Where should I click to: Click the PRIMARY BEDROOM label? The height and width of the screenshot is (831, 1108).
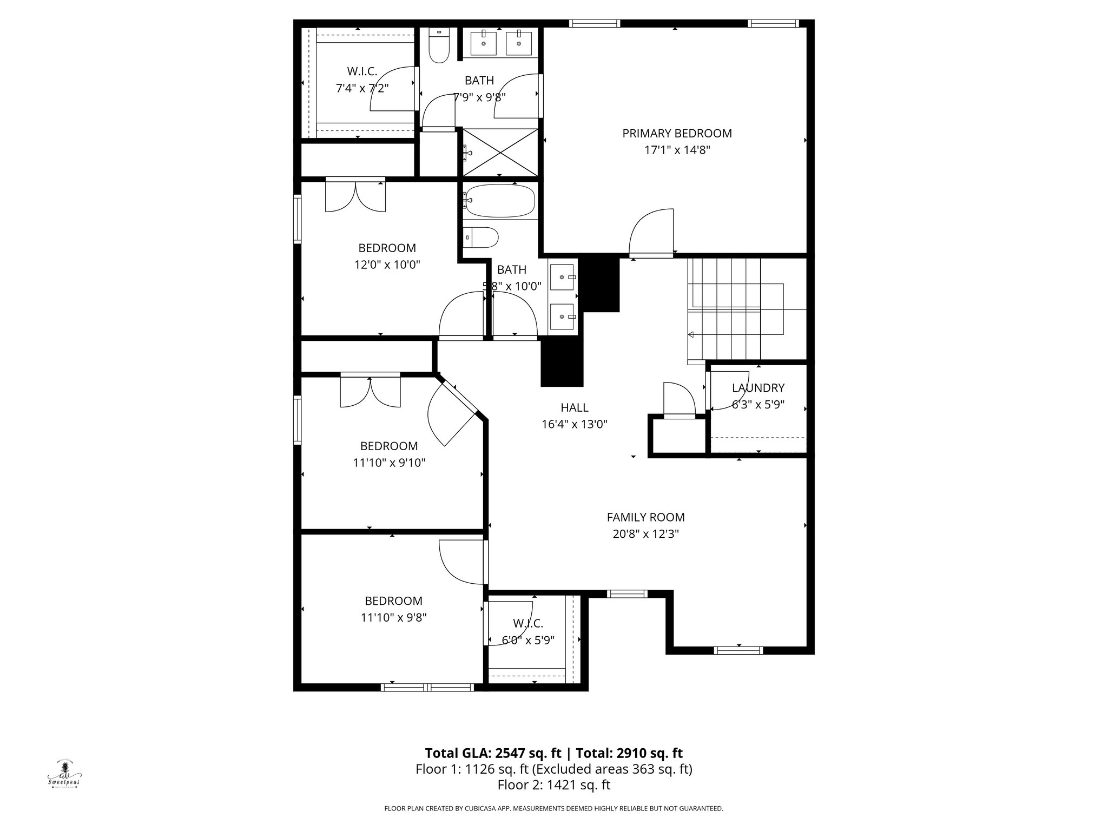pos(676,133)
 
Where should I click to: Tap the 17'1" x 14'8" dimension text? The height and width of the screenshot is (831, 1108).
pos(676,150)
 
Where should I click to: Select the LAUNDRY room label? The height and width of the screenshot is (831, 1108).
pos(757,388)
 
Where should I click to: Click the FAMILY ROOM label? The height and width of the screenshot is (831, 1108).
pos(645,517)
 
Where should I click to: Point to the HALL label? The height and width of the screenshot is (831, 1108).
pos(574,408)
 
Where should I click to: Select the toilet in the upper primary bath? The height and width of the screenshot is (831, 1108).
pos(438,45)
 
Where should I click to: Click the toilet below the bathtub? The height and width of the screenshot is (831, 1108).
pos(481,238)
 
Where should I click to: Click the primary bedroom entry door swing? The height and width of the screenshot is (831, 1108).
pos(652,233)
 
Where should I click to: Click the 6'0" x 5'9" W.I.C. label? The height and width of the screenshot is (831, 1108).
pos(527,623)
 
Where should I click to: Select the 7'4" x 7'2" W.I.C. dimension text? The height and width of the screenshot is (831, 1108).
pos(362,88)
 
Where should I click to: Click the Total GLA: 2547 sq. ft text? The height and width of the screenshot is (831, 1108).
pos(494,753)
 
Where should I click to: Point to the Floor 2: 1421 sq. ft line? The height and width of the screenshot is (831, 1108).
pos(553,784)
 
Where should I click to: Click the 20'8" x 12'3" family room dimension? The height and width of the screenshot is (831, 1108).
pos(645,534)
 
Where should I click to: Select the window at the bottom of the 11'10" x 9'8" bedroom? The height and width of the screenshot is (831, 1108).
pos(427,688)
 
